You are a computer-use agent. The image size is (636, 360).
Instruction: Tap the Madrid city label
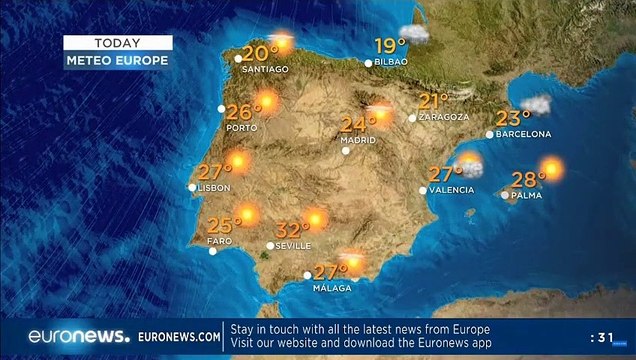click(357, 140)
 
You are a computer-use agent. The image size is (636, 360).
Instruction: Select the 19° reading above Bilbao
click(390, 46)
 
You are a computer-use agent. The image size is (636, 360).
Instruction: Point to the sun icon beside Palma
click(552, 168)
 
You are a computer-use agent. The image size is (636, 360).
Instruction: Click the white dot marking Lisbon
click(192, 187)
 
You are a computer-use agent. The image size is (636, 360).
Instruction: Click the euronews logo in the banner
click(79, 336)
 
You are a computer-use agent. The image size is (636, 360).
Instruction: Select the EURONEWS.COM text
click(179, 337)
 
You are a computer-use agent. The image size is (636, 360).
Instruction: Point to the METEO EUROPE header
click(117, 60)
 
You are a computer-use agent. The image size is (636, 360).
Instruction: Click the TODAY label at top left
click(117, 43)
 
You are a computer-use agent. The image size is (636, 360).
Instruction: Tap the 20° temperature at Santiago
click(260, 54)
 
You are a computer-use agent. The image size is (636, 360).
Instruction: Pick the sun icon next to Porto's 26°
click(266, 101)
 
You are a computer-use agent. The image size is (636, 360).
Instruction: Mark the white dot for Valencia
click(423, 190)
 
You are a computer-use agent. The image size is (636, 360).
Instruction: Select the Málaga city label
click(333, 288)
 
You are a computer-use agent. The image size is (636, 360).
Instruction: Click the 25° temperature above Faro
click(225, 224)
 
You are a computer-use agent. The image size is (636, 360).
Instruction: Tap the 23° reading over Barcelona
click(513, 118)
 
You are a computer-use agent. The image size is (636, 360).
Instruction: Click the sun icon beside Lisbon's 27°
click(238, 160)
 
